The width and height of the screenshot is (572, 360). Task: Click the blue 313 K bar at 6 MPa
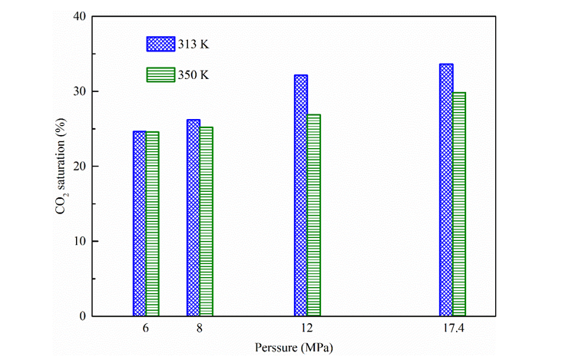click(x=139, y=223)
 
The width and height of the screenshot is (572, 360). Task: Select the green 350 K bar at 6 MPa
click(x=152, y=223)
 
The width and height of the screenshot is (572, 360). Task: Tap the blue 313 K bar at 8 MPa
click(x=193, y=218)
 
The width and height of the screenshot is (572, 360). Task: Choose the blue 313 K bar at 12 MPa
click(x=300, y=195)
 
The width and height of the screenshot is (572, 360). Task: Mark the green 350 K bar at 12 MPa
click(x=313, y=215)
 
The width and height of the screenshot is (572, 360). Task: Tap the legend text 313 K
click(x=194, y=44)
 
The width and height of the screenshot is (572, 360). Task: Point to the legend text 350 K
click(x=194, y=74)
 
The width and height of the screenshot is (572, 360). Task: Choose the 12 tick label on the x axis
click(x=306, y=329)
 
